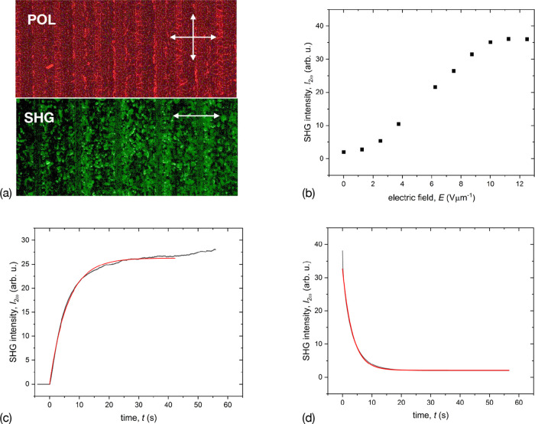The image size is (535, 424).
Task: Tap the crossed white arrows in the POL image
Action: click(x=193, y=37)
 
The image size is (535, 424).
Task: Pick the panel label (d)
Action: click(x=297, y=417)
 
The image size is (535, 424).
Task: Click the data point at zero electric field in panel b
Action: click(x=344, y=152)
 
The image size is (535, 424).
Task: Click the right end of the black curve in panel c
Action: click(x=216, y=249)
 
